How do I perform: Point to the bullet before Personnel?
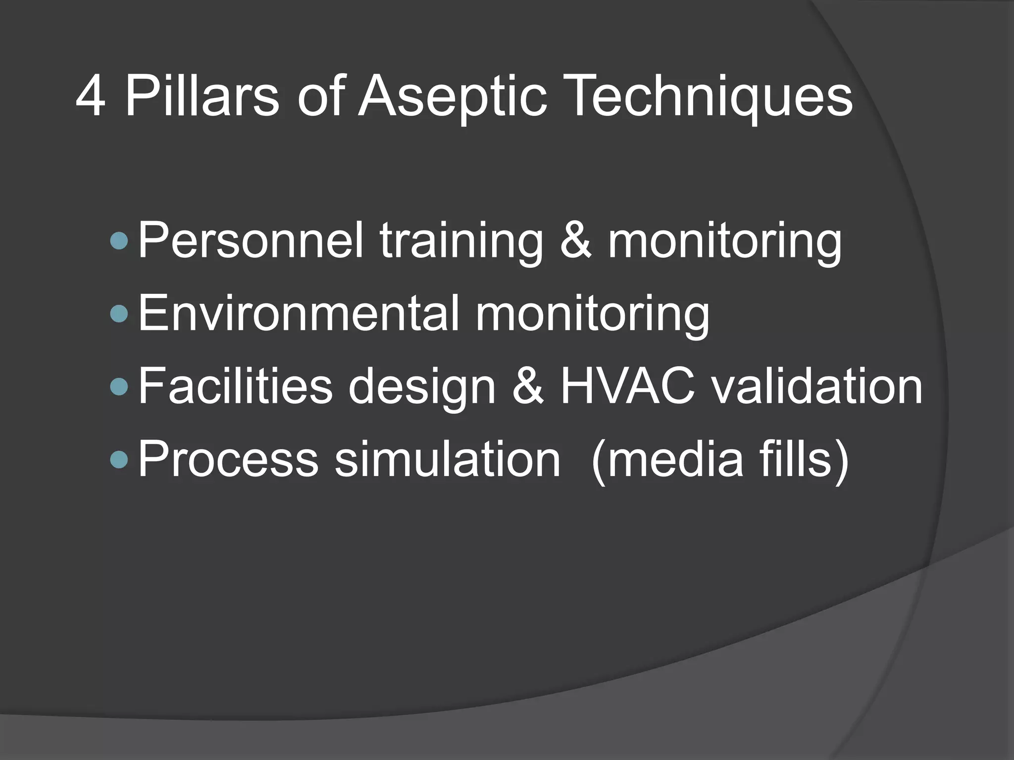[119, 241]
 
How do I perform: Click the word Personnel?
[251, 241]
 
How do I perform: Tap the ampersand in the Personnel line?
[576, 241]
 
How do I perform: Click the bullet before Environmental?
[119, 314]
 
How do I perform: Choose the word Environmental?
[299, 314]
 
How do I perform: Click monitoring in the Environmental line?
[592, 314]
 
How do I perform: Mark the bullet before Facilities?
[119, 386]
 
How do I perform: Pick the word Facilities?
[236, 386]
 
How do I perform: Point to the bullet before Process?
[119, 459]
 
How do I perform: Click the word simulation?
[448, 459]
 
